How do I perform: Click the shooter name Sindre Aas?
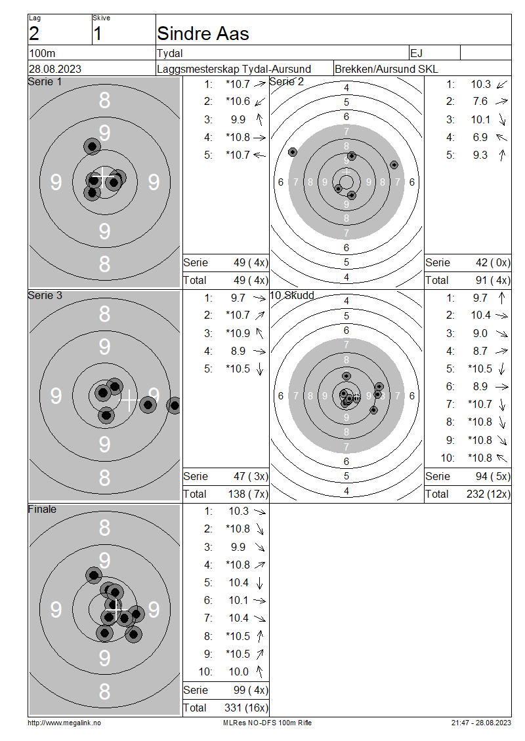coord(203,33)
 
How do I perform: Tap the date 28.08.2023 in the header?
coord(55,69)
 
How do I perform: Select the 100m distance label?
coord(43,53)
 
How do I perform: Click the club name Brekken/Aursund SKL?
coord(386,69)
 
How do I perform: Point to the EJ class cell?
coord(416,53)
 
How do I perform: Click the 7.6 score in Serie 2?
coord(480,101)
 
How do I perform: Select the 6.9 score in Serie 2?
coord(480,137)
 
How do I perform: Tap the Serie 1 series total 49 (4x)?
coord(251,263)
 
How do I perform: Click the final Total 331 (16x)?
coord(246,708)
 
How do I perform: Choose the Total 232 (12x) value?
coord(488,494)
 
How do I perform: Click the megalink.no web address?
coord(64,723)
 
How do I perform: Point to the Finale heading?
coord(42,509)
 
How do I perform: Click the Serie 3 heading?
coord(45,295)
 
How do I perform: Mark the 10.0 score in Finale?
coord(238,671)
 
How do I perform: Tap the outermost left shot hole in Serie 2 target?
coord(293,151)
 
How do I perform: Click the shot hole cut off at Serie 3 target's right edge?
coord(175,405)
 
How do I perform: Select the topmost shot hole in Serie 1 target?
coord(93,146)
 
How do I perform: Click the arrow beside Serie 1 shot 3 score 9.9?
coord(259,119)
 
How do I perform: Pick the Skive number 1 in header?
coord(97,34)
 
